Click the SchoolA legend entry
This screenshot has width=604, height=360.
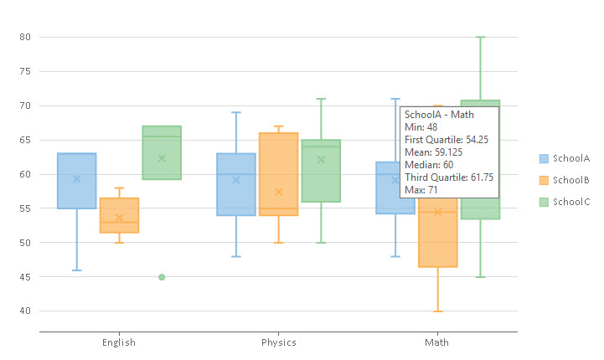[564, 158]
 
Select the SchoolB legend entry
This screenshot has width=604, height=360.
[564, 180]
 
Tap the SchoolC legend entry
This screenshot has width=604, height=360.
[564, 202]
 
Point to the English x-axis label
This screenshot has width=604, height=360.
[119, 342]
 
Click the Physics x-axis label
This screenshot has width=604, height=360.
[278, 342]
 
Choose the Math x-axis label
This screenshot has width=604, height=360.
[436, 342]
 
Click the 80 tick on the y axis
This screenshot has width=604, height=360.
[24, 38]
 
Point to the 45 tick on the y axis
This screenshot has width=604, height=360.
[24, 277]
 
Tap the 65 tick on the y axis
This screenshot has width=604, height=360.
[24, 141]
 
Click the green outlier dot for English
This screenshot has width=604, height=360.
[162, 277]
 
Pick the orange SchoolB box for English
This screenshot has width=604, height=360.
[119, 215]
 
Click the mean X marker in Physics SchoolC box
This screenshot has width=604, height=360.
[321, 160]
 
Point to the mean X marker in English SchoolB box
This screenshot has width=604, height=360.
[119, 218]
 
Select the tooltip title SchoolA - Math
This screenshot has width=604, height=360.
[439, 114]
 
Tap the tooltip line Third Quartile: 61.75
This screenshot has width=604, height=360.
[448, 177]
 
